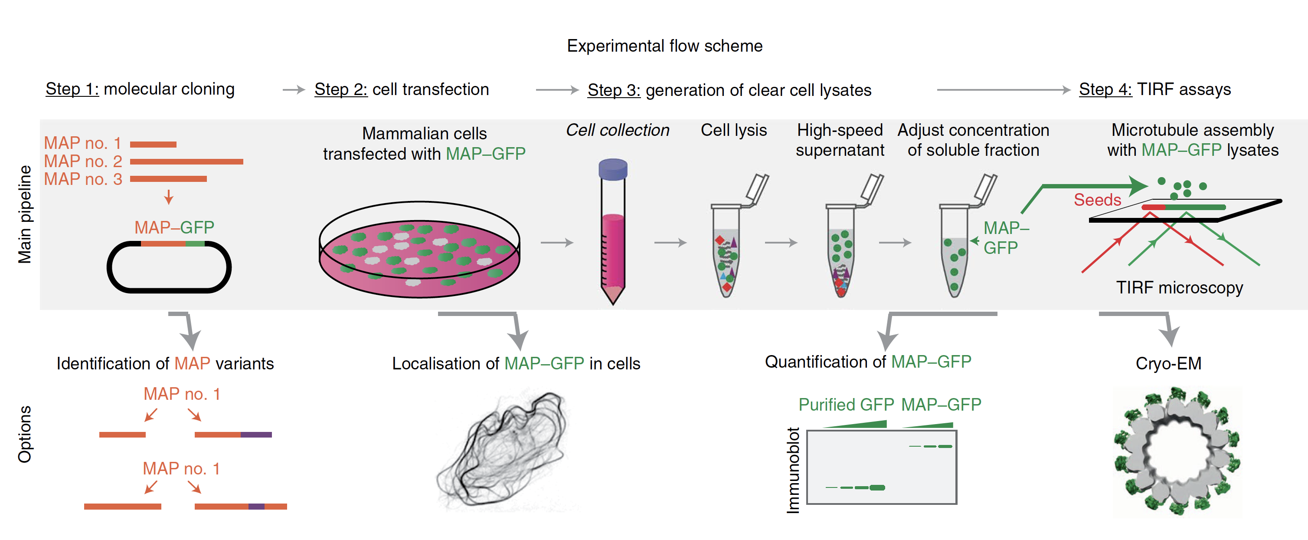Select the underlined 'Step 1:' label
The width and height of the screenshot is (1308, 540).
pyautogui.click(x=72, y=89)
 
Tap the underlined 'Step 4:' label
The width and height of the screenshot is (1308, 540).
pyautogui.click(x=1105, y=89)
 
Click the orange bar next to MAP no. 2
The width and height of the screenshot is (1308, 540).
pyautogui.click(x=186, y=161)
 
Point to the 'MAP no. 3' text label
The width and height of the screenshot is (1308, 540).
pyautogui.click(x=83, y=179)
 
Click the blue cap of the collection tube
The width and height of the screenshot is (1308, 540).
pyautogui.click(x=613, y=169)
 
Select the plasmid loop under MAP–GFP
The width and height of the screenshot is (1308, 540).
pyautogui.click(x=169, y=267)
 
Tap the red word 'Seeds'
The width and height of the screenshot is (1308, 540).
pyautogui.click(x=1097, y=200)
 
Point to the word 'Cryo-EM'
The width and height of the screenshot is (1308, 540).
pyautogui.click(x=1168, y=364)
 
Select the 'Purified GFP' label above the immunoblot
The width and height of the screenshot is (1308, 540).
pyautogui.click(x=846, y=405)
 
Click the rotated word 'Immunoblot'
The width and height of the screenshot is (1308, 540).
pyautogui.click(x=793, y=470)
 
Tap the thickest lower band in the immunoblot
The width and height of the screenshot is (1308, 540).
pyautogui.click(x=877, y=487)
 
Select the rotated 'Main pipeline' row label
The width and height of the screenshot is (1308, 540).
pyautogui.click(x=25, y=214)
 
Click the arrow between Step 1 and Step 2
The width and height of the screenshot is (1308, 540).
pyautogui.click(x=294, y=90)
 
